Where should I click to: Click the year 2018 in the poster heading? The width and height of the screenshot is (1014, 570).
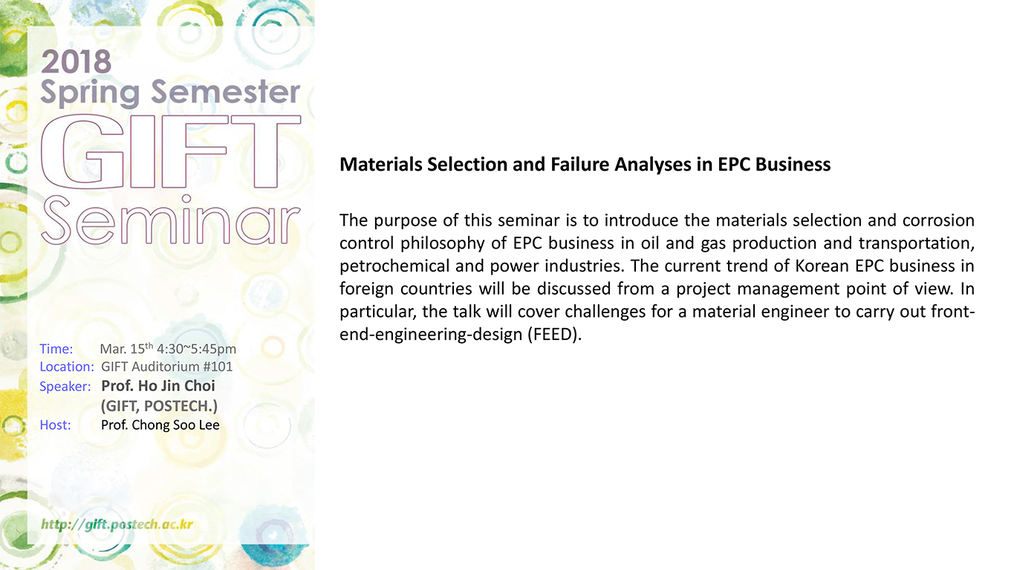pos(76,62)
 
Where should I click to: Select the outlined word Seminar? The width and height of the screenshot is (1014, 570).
pos(170,220)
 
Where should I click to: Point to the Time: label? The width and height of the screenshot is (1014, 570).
pos(56,349)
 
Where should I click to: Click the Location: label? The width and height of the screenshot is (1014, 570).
pos(67,367)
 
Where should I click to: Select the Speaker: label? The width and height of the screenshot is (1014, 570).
pos(65,387)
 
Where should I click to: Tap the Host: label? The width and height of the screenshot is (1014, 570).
pos(55,425)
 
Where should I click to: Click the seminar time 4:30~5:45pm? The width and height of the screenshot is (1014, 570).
pos(196,349)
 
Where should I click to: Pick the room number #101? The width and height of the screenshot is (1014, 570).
pos(218,367)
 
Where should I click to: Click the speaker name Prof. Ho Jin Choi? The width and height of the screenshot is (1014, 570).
pos(158,386)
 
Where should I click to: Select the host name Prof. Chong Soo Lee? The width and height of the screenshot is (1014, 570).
pos(160,425)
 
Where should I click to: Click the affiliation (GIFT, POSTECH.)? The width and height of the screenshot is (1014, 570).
pos(159,406)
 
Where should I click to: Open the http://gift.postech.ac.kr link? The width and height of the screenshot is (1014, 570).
pos(117,524)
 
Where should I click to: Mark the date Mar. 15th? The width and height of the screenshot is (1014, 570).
pos(126,348)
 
